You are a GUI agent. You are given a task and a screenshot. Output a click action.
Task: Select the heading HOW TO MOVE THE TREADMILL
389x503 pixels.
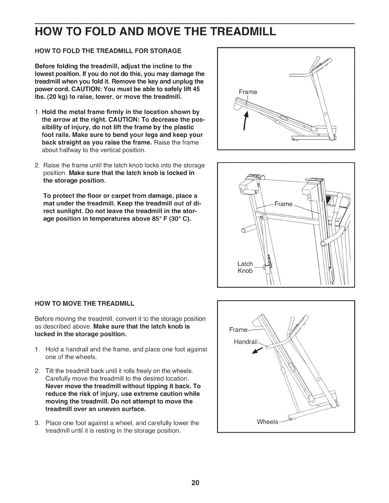pyautogui.click(x=84, y=303)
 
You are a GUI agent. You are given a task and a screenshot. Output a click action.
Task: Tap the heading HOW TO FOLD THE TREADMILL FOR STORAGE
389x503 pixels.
pyautogui.click(x=108, y=51)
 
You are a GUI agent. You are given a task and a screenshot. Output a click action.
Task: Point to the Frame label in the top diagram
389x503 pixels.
pyautogui.click(x=248, y=92)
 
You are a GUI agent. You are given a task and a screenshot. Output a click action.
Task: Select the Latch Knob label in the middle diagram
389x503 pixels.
pyautogui.click(x=245, y=267)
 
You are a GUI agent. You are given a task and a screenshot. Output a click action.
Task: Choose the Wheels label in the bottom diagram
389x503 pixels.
pyautogui.click(x=268, y=422)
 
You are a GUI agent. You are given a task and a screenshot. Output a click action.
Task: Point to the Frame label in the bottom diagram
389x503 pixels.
pyautogui.click(x=238, y=330)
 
